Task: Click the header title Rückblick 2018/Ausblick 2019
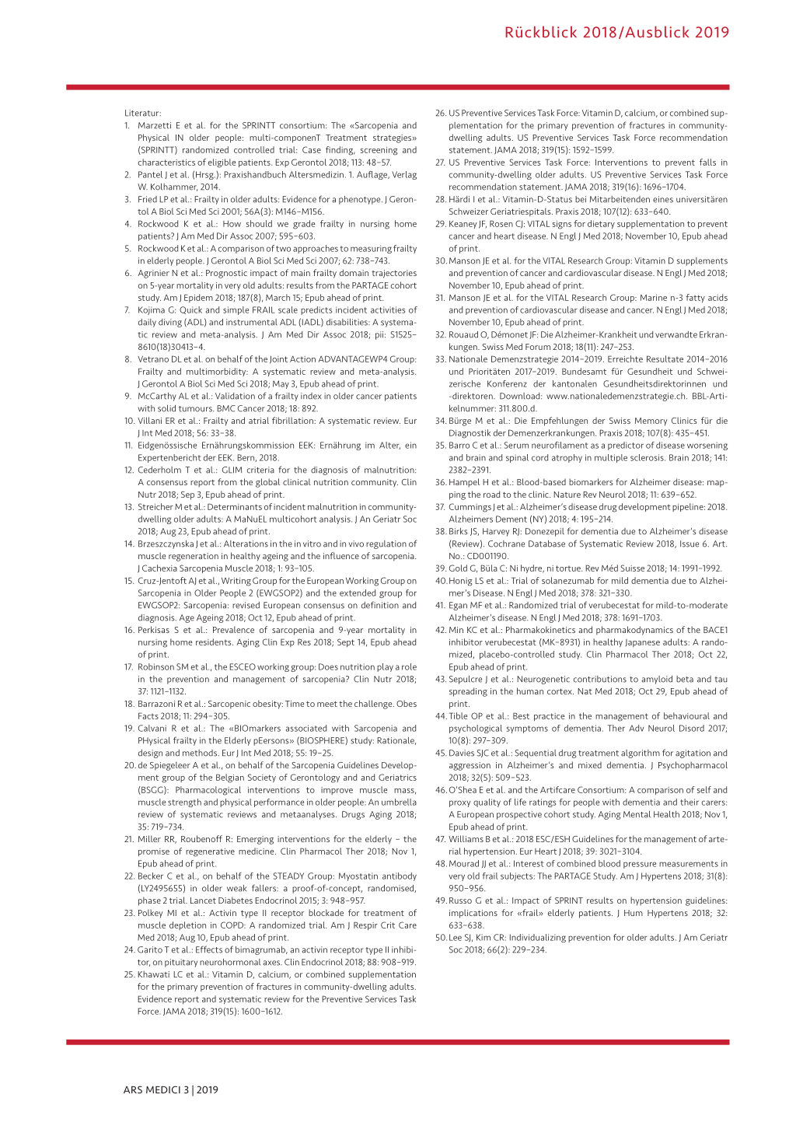[616, 33]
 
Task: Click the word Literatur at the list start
[142, 113]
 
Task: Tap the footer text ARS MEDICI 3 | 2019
[170, 1089]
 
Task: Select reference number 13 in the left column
[129, 507]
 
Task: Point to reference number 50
[441, 938]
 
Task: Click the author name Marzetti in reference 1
[155, 125]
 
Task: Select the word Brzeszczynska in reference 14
[169, 544]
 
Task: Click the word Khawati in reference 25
[153, 975]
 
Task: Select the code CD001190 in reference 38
[485, 557]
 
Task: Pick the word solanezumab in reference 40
[553, 581]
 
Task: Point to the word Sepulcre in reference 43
[466, 680]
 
